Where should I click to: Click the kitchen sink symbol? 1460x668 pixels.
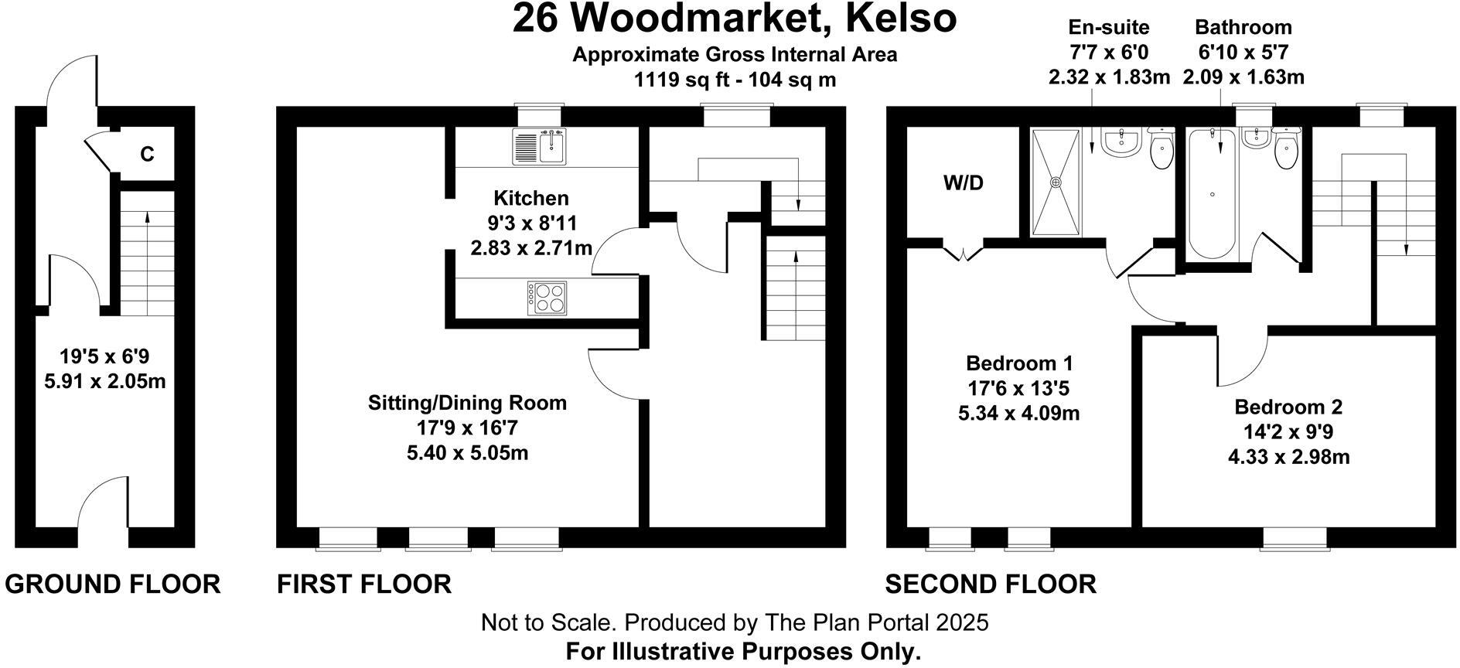[539, 147]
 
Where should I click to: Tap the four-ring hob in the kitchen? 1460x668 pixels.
[547, 298]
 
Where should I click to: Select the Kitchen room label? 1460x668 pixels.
[531, 198]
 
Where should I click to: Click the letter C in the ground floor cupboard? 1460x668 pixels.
[147, 155]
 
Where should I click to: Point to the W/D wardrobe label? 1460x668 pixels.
[963, 183]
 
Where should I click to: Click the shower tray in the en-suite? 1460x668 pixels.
[1056, 182]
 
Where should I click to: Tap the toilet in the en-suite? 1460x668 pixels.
[1161, 152]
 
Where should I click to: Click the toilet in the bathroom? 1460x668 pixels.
[1285, 152]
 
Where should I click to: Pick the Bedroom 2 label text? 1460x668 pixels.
[1288, 407]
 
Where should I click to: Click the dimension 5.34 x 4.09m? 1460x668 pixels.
[1018, 413]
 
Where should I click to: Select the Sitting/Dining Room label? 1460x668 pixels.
[467, 403]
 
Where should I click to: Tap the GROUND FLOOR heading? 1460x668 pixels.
[112, 584]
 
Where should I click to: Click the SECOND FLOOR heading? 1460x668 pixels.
[991, 584]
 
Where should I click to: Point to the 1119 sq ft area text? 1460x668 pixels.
[735, 79]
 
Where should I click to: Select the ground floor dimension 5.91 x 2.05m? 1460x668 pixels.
[105, 381]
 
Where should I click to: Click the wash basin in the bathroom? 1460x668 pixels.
[1254, 138]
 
